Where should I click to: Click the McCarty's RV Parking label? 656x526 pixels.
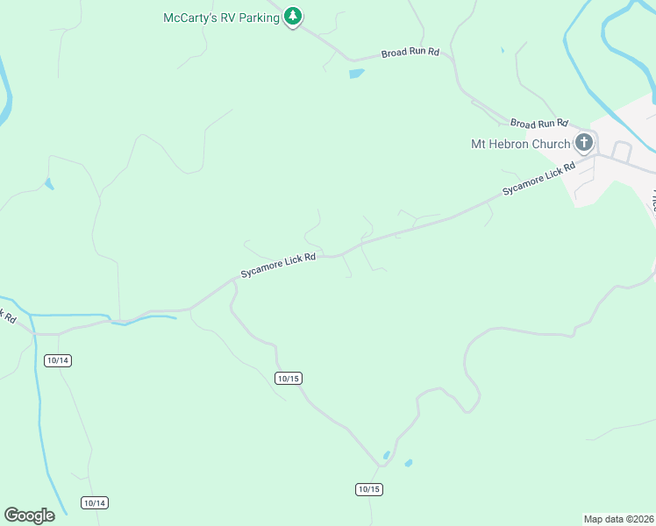pos(222,18)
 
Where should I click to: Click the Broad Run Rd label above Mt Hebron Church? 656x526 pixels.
pos(538,124)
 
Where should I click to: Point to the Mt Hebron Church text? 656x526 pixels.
pos(521,144)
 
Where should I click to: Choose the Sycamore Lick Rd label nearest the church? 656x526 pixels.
pos(538,179)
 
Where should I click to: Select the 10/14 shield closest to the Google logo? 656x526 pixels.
pos(95,502)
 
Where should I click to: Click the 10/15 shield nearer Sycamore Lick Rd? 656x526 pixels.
pos(288,378)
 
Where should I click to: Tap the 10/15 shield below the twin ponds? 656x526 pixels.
pos(369,488)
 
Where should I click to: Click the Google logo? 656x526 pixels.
pos(29,515)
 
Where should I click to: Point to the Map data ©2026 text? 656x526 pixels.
pos(618,518)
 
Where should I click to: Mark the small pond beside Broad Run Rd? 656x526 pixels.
pos(356,74)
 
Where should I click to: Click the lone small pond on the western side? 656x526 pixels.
pos(48,184)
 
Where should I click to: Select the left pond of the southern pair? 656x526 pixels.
pos(387,455)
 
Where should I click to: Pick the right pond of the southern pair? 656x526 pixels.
pos(408,462)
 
